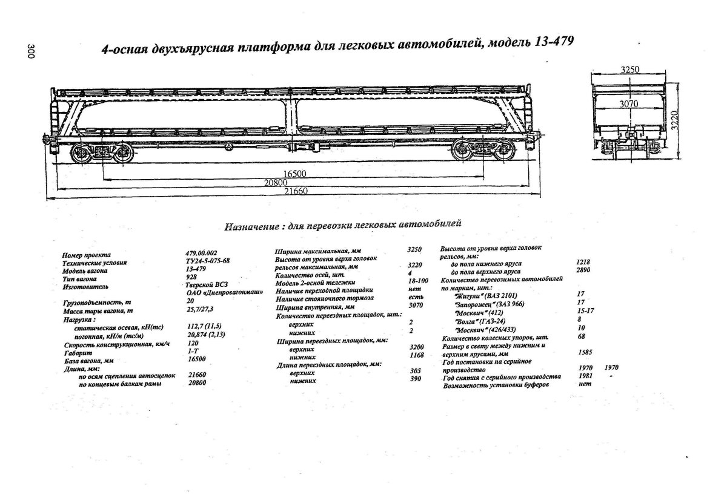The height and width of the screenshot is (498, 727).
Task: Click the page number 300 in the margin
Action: click(31, 52)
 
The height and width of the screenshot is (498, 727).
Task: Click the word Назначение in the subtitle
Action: click(251, 228)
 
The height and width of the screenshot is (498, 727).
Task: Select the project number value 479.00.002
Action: click(201, 254)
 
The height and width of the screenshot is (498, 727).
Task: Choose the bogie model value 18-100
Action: click(418, 282)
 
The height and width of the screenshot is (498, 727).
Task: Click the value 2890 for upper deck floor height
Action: click(582, 272)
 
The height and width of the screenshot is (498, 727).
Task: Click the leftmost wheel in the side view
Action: click(81, 154)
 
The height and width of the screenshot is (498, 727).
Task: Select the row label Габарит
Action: click(75, 352)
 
